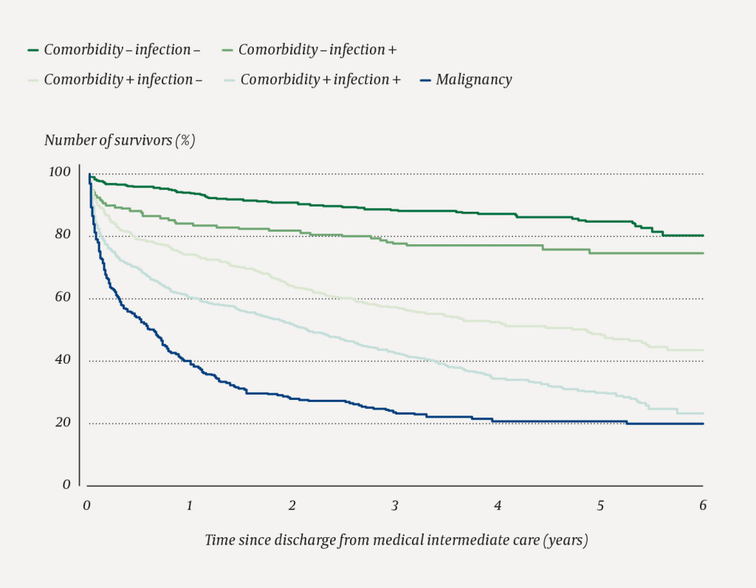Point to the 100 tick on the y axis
[x=61, y=172]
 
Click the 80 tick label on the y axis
[x=63, y=235]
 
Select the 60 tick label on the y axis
[x=63, y=297]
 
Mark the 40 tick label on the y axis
[x=63, y=360]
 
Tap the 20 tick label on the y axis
[x=63, y=423]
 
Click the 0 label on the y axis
[x=67, y=485]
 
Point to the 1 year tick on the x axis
[x=190, y=505]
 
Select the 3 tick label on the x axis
[x=395, y=505]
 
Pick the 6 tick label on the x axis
[x=703, y=505]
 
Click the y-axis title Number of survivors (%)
[x=120, y=140]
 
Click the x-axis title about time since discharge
[x=396, y=541]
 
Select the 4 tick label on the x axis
[x=498, y=505]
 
